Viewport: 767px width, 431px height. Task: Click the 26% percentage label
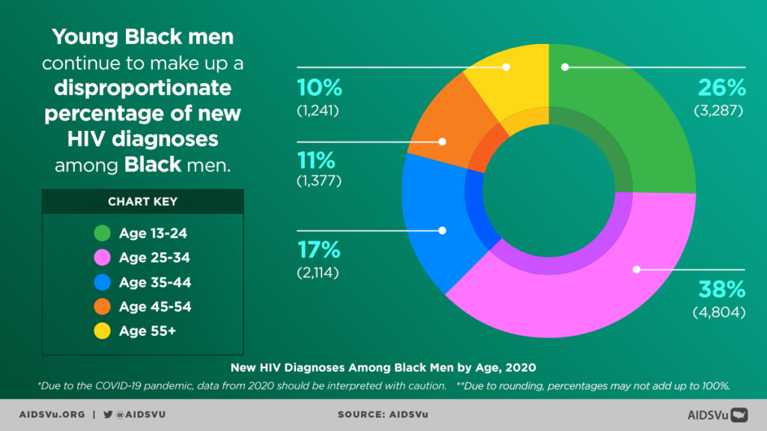tap(721, 88)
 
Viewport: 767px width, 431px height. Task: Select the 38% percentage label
tap(721, 289)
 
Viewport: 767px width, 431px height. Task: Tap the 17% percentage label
tap(319, 249)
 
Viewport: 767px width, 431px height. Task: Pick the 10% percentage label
tap(319, 88)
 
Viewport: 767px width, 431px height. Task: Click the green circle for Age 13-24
tap(103, 233)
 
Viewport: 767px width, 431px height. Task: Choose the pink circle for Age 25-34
tap(103, 258)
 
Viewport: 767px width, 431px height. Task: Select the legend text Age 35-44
tap(154, 283)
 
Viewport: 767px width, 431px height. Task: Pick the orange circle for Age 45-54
tap(103, 307)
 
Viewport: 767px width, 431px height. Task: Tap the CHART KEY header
tap(142, 202)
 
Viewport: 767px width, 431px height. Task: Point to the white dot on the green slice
tap(566, 67)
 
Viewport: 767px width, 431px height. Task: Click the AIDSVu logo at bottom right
tap(718, 415)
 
